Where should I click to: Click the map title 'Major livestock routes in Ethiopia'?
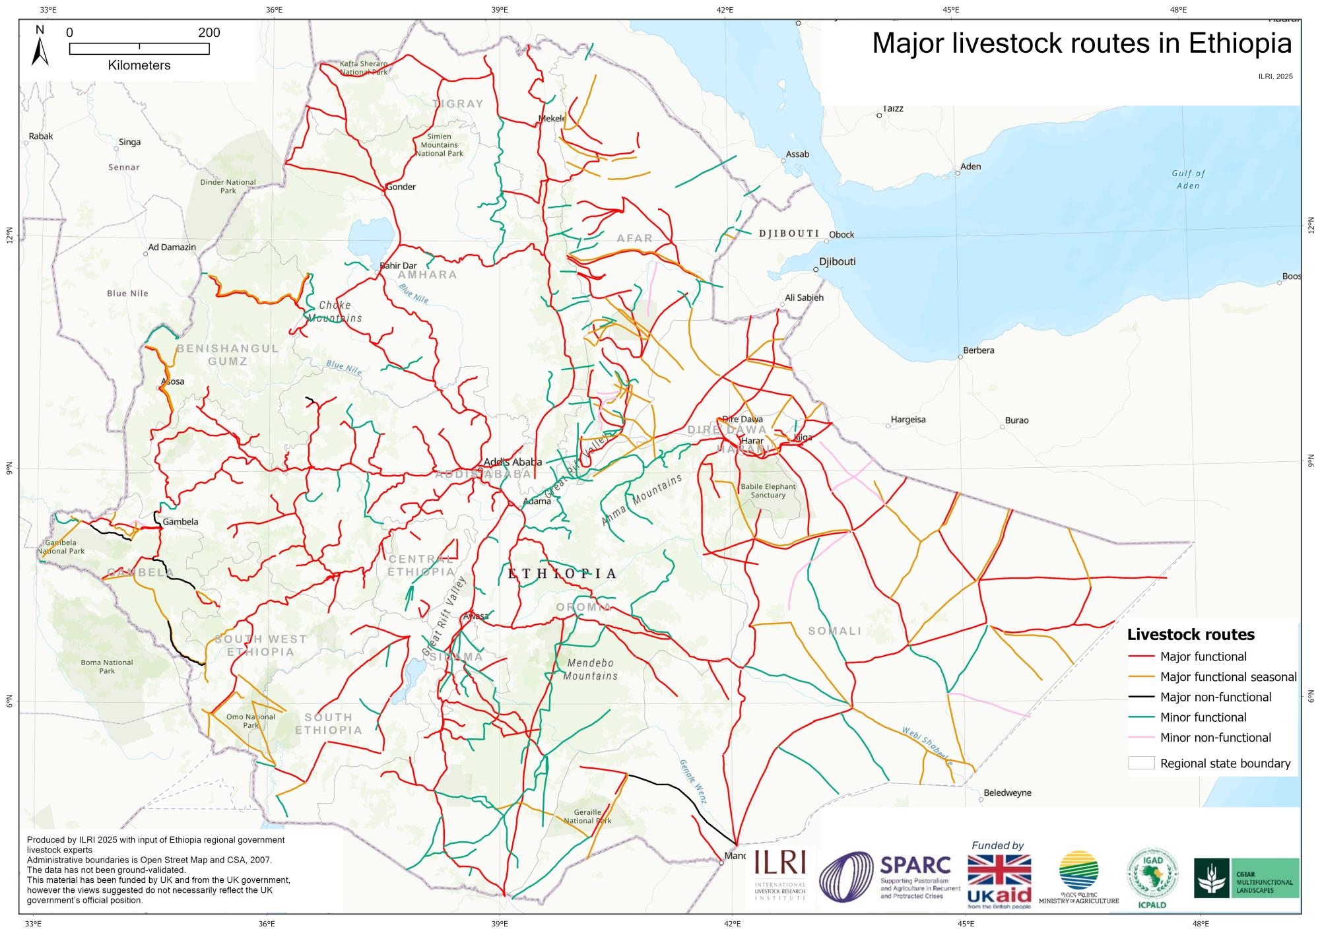tap(1082, 44)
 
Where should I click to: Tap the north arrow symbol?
tap(40, 48)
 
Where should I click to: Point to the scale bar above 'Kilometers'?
tap(139, 48)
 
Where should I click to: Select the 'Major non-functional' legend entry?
tap(1215, 697)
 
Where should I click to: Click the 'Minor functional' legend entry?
tap(1203, 717)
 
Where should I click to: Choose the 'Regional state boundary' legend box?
tap(1141, 763)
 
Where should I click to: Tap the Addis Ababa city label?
tap(513, 462)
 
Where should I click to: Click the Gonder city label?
tap(401, 187)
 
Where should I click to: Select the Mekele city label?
tap(552, 118)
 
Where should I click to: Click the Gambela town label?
tap(180, 521)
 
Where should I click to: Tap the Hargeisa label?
tap(908, 420)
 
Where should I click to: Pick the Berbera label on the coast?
tap(978, 350)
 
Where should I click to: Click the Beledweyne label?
tap(1007, 792)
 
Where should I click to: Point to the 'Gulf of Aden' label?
tap(1188, 179)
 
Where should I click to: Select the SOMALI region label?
tap(835, 631)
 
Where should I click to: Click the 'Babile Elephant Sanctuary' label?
tap(768, 490)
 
